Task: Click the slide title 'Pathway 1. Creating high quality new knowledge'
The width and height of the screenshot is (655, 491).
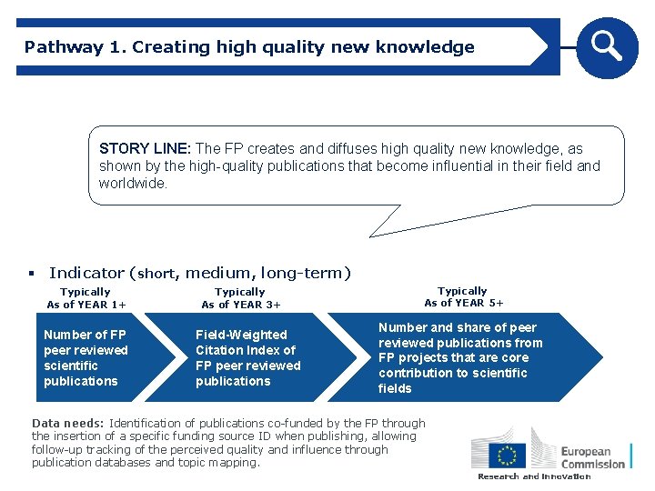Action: (x=249, y=47)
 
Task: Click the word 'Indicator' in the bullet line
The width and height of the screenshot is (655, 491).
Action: (x=87, y=273)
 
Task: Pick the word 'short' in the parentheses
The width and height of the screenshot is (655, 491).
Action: (x=157, y=274)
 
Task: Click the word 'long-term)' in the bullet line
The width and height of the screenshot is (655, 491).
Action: (x=305, y=273)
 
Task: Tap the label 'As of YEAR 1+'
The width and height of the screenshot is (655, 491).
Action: (x=86, y=305)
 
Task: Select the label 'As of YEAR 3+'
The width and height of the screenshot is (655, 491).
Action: (x=241, y=305)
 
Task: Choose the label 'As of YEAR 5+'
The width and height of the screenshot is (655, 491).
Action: (x=463, y=303)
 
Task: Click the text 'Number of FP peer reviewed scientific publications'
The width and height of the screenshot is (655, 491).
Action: (x=86, y=357)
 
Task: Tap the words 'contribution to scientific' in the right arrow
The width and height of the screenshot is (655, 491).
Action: (x=452, y=373)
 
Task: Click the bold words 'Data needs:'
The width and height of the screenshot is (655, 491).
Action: (x=68, y=423)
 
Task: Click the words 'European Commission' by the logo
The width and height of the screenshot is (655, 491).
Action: (x=592, y=456)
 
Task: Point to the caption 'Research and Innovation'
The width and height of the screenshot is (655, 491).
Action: (x=534, y=476)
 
